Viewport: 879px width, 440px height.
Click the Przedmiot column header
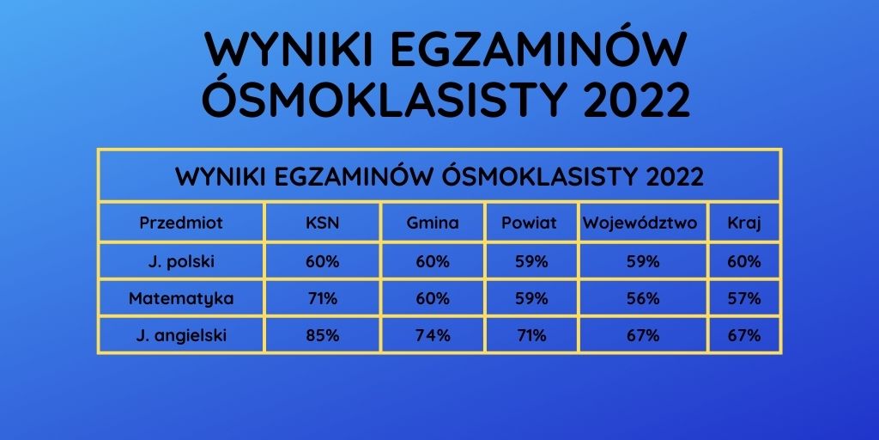pyautogui.click(x=181, y=223)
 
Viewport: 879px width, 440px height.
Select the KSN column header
pyautogui.click(x=323, y=223)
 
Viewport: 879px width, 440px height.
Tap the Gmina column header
pyautogui.click(x=433, y=223)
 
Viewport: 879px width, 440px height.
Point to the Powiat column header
pyautogui.click(x=529, y=223)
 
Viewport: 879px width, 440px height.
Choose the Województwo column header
pyautogui.click(x=640, y=223)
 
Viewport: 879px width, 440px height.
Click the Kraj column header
pyautogui.click(x=744, y=223)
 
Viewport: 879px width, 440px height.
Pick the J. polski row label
pyautogui.click(x=181, y=261)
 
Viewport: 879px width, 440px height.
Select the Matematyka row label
pyautogui.click(x=181, y=299)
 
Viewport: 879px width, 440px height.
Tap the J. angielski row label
pyautogui.click(x=181, y=336)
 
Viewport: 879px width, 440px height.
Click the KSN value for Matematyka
pyautogui.click(x=323, y=299)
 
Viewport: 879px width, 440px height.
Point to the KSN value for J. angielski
pyautogui.click(x=323, y=336)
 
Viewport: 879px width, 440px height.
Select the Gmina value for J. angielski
pyautogui.click(x=433, y=336)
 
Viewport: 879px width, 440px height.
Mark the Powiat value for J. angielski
pyautogui.click(x=529, y=336)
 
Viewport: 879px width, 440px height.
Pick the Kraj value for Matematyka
pyautogui.click(x=744, y=299)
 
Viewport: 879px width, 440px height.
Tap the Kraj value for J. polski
pyautogui.click(x=744, y=261)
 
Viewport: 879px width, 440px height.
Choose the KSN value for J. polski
pyautogui.click(x=323, y=261)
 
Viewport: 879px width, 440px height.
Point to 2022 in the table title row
pyautogui.click(x=672, y=177)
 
